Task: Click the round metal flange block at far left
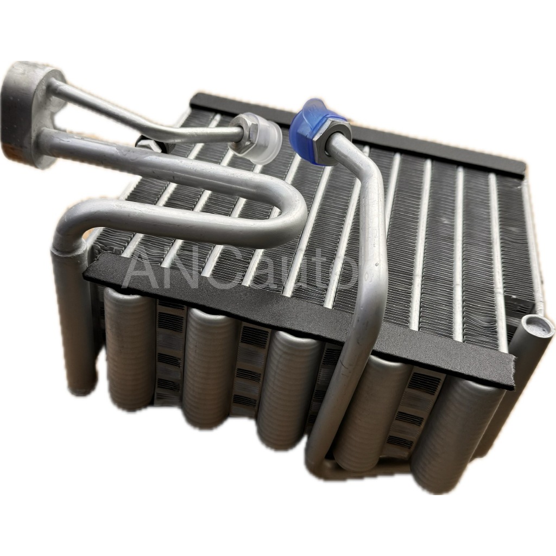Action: coord(30,113)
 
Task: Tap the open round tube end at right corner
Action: coord(537,325)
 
